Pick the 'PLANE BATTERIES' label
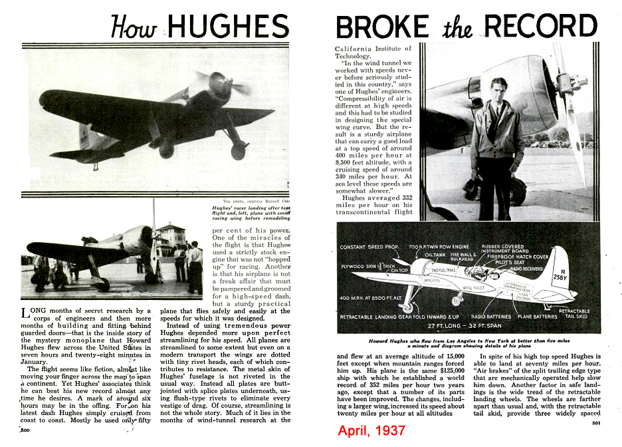[x=534, y=317]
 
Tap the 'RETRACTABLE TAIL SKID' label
[x=573, y=314]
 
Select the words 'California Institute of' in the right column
[x=373, y=49]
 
